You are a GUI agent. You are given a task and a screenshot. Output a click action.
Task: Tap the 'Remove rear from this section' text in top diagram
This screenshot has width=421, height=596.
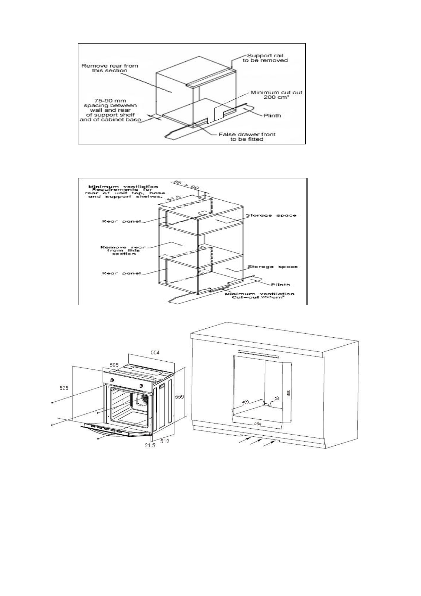110,68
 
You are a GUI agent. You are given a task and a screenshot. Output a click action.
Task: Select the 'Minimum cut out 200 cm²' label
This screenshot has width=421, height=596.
276,95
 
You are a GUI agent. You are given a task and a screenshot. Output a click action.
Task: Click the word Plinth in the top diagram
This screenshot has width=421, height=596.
272,115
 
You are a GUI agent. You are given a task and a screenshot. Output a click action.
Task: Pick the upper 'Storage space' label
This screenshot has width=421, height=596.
271,215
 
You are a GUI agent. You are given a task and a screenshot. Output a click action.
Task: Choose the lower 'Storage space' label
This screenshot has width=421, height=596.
272,267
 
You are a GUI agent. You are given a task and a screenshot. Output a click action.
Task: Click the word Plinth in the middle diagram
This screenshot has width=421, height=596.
280,284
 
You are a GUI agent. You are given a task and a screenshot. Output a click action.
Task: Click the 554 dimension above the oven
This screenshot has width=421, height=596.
155,353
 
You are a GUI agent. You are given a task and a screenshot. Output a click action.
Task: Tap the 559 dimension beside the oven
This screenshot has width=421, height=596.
180,397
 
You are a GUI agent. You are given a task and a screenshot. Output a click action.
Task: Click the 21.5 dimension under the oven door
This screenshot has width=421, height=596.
150,446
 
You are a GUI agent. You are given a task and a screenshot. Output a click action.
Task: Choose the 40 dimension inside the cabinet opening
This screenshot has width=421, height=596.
276,398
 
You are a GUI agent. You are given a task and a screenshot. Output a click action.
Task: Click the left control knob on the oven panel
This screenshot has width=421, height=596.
112,380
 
